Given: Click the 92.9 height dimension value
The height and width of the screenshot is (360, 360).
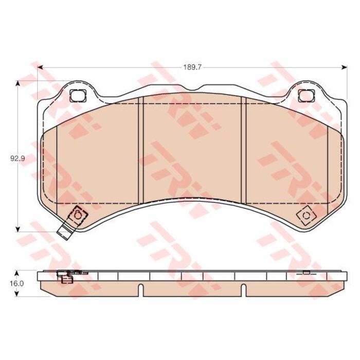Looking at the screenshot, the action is tap(17, 158).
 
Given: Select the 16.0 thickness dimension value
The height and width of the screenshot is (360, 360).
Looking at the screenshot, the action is tap(17, 283).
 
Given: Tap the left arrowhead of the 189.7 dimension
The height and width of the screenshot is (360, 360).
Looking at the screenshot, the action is tap(40, 67).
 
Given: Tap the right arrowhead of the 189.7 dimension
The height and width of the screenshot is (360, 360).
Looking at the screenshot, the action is tap(344, 67).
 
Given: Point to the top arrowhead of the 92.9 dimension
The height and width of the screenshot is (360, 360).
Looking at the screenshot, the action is tap(17, 83).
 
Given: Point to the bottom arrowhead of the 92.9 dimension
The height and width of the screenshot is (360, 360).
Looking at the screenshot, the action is tap(17, 229).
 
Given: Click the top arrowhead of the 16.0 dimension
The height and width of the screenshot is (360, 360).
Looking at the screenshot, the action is tap(16, 274).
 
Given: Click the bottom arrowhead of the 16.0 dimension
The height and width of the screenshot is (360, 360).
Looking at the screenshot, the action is tap(16, 294).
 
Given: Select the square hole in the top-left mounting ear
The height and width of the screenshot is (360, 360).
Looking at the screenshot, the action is tap(78, 96).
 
